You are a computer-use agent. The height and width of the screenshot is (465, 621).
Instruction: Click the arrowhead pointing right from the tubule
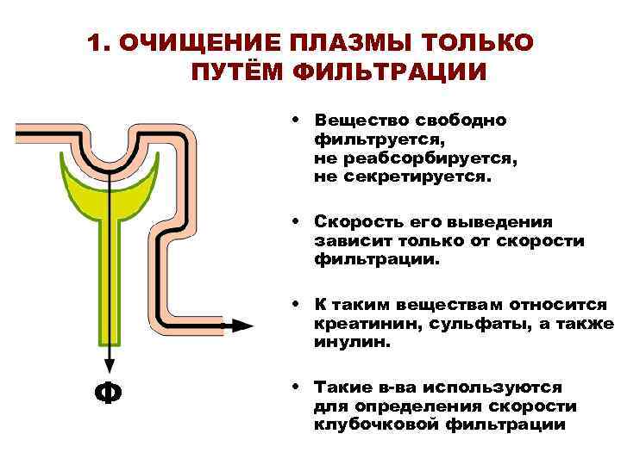pyautogui.click(x=244, y=325)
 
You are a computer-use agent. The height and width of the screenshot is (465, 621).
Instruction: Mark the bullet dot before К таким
pyautogui.click(x=296, y=304)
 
